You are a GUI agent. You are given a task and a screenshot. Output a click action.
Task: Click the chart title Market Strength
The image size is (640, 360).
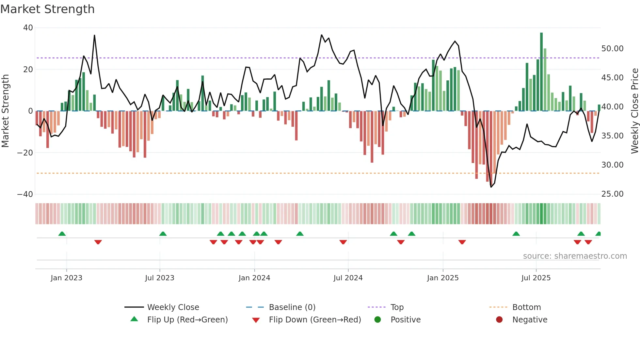(x=47, y=9)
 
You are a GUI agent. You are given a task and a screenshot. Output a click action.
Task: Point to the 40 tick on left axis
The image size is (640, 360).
(x=28, y=28)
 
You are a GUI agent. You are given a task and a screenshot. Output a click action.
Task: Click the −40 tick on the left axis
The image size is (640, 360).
(x=25, y=194)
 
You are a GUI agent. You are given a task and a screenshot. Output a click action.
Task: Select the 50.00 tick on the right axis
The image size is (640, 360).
(x=612, y=49)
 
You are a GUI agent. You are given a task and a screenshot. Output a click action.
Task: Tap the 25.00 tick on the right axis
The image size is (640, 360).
(x=612, y=194)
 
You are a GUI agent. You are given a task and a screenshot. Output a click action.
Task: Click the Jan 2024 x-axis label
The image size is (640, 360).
(x=254, y=278)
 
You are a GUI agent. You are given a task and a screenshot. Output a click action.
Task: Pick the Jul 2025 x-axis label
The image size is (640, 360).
(x=536, y=278)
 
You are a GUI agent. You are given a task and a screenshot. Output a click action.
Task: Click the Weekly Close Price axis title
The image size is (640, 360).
(x=634, y=111)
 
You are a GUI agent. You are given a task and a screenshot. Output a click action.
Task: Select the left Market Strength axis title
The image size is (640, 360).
(x=6, y=111)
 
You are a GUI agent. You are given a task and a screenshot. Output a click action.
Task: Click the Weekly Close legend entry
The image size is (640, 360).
(x=173, y=307)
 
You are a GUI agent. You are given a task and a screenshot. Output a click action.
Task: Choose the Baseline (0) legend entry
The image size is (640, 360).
(x=292, y=307)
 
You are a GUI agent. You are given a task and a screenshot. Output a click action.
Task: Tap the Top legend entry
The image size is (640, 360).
(x=397, y=307)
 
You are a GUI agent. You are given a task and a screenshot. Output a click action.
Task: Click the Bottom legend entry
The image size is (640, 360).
(x=526, y=307)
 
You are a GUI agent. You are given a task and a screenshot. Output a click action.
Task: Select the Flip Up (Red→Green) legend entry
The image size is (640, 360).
(x=187, y=320)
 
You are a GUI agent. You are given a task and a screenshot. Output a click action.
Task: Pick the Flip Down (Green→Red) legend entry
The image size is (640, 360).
(x=315, y=320)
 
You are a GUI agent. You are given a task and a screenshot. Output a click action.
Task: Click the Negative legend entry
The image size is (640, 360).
(x=529, y=320)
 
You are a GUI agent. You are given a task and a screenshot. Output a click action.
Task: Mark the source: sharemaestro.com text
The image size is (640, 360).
(x=575, y=256)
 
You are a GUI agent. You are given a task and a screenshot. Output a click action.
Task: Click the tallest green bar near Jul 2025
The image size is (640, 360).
(x=541, y=72)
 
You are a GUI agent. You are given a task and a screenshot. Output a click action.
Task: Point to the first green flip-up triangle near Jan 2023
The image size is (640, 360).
(x=62, y=234)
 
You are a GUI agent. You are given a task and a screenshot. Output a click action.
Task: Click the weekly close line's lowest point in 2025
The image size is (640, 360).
(x=491, y=187)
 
